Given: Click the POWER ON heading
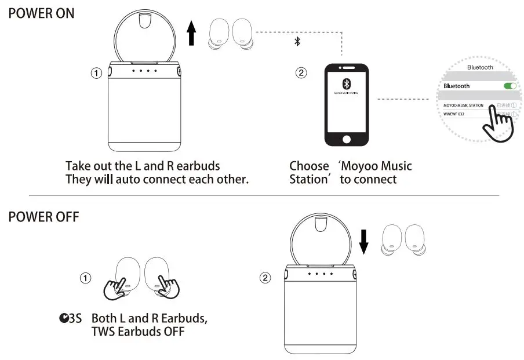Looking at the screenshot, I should pyautogui.click(x=41, y=13).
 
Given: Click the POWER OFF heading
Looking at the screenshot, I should pyautogui.click(x=43, y=217).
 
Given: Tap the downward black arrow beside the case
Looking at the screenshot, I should pyautogui.click(x=363, y=240).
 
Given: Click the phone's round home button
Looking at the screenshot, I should pyautogui.click(x=347, y=140).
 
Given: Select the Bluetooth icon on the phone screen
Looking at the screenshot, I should pyautogui.click(x=346, y=82).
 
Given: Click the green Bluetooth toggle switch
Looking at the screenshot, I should pyautogui.click(x=510, y=86).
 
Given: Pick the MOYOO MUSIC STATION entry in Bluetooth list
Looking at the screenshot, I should pyautogui.click(x=463, y=106).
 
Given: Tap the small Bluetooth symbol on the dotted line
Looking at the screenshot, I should pyautogui.click(x=297, y=42).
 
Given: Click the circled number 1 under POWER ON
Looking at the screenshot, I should pyautogui.click(x=96, y=73).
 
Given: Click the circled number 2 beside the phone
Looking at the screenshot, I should pyautogui.click(x=300, y=73).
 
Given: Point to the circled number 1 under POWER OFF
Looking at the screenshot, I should pyautogui.click(x=85, y=278).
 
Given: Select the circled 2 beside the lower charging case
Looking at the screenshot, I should pyautogui.click(x=264, y=278).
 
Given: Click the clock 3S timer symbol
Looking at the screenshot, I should pyautogui.click(x=70, y=318).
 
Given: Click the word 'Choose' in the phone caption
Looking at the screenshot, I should pyautogui.click(x=309, y=166).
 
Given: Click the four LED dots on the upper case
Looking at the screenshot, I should pyautogui.click(x=144, y=71).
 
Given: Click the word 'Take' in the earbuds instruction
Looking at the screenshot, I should pyautogui.click(x=78, y=166).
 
